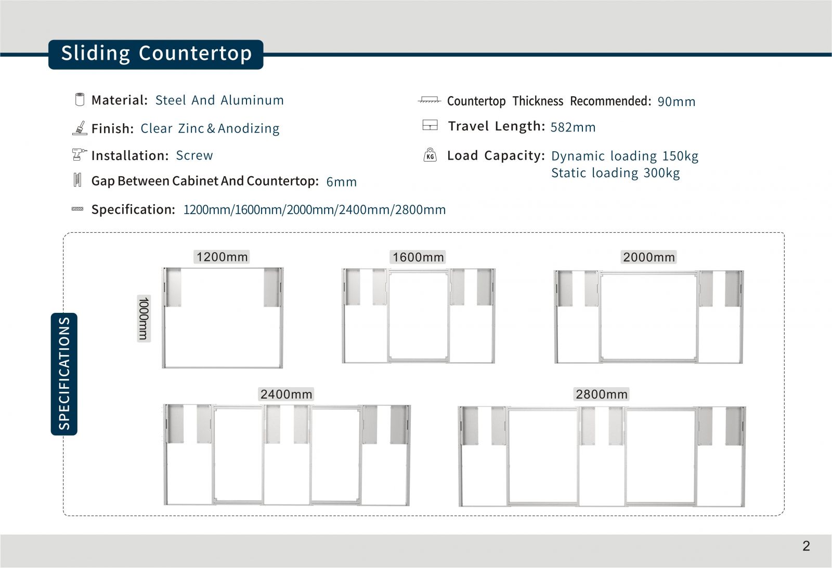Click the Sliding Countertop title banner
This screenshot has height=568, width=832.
[x=156, y=54]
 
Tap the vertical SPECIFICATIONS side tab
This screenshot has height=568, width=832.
[x=64, y=374]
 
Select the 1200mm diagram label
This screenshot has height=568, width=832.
[x=222, y=257]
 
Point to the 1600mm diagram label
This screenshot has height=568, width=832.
[x=418, y=257]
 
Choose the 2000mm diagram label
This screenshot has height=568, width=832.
[x=648, y=257]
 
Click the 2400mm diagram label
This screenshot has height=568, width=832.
[x=286, y=394]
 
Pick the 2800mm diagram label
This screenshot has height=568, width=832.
[x=602, y=394]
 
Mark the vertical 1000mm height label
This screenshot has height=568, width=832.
[x=144, y=318]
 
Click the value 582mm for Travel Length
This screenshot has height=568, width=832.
[x=573, y=127]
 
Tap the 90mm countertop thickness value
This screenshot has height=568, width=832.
[x=676, y=102]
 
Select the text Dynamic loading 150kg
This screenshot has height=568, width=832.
[x=625, y=156]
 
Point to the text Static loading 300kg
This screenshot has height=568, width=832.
[x=615, y=173]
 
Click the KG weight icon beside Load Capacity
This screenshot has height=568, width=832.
[x=430, y=155]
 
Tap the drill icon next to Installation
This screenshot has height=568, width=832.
[x=79, y=154]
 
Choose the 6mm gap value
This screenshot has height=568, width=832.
[x=341, y=182]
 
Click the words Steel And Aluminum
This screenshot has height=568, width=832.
[x=219, y=100]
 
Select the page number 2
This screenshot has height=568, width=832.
[x=806, y=546]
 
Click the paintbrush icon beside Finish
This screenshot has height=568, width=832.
[x=80, y=128]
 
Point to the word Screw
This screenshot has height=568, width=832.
[x=194, y=155]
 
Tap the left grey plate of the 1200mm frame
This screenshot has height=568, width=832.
[x=173, y=287]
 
